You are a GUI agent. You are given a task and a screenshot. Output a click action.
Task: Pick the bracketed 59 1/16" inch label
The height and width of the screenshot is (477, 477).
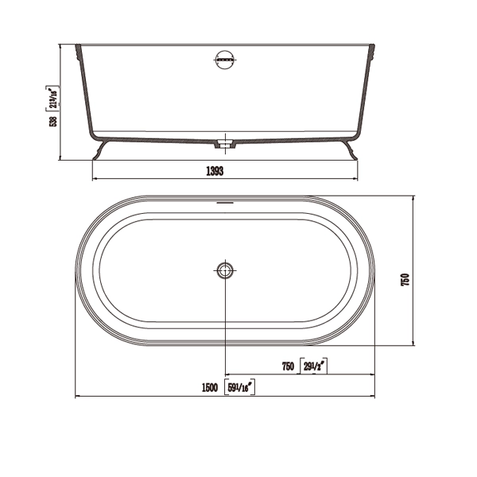[239, 387]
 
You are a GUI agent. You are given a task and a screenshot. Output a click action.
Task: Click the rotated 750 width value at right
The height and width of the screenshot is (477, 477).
[405, 280]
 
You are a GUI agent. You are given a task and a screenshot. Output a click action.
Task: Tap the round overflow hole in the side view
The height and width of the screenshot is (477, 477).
[226, 60]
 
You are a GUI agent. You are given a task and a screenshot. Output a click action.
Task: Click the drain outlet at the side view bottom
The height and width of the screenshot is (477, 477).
[226, 145]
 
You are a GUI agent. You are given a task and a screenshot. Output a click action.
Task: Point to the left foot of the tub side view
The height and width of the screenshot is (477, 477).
[100, 151]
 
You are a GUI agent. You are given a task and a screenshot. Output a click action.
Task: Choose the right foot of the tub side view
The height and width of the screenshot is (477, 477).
[351, 151]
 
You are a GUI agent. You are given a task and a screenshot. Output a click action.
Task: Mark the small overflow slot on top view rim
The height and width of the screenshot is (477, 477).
[226, 202]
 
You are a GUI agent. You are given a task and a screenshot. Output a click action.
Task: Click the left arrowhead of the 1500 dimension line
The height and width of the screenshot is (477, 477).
[77, 396]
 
